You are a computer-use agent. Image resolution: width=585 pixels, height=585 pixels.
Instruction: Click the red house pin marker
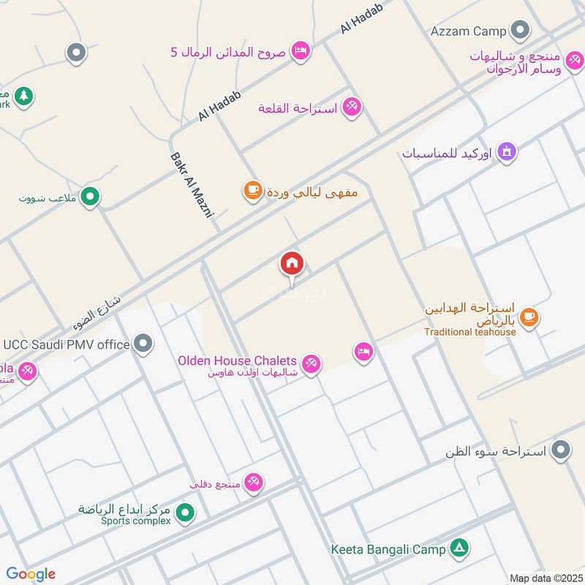[292, 263]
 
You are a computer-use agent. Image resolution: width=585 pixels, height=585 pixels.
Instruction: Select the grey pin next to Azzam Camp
[520, 30]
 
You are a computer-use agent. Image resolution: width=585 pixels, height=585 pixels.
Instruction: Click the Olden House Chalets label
[238, 361]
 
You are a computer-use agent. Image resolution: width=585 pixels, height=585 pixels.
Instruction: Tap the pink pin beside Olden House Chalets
[312, 363]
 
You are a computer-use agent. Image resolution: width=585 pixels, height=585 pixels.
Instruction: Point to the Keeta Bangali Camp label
[386, 548]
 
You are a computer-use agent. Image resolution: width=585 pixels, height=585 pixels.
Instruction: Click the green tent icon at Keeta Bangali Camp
[459, 548]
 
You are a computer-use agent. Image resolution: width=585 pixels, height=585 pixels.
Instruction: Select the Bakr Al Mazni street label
[192, 186]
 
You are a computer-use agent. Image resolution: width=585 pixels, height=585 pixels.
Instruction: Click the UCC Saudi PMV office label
[67, 344]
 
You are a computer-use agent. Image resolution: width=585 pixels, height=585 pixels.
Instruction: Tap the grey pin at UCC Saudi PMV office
[144, 343]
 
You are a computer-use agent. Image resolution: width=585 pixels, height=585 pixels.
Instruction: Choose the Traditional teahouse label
[470, 331]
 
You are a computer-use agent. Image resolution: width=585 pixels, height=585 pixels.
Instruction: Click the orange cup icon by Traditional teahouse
[530, 317]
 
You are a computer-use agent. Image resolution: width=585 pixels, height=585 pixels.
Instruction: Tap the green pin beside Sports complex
[186, 513]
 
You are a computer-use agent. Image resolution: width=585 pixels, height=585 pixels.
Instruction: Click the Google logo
[31, 574]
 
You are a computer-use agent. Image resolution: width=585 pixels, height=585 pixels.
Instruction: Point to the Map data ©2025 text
[545, 577]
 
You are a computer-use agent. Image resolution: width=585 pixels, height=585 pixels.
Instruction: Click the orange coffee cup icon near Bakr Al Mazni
[252, 192]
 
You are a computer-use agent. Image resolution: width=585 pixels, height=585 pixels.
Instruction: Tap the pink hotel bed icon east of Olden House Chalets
[363, 352]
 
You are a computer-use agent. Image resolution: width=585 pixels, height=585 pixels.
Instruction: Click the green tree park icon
[24, 95]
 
